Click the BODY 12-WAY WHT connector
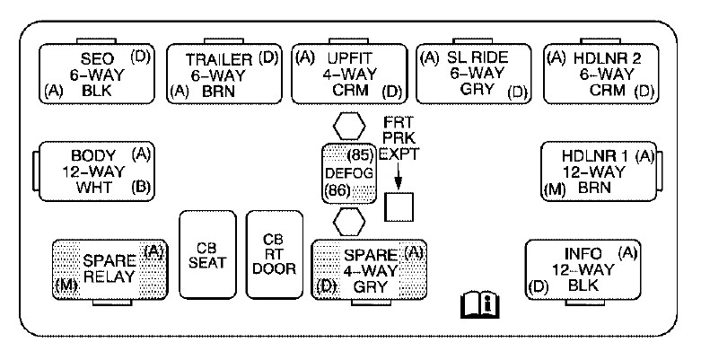tap(93, 171)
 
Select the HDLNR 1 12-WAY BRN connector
tap(597, 171)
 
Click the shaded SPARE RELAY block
tap(109, 268)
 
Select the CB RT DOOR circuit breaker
tap(274, 255)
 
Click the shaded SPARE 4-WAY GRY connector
tap(369, 268)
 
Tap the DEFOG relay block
tap(349, 171)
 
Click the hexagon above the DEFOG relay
tap(348, 124)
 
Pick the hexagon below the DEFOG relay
tap(348, 220)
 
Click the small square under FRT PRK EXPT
tap(398, 206)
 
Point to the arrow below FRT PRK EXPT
tap(398, 176)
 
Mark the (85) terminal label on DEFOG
tap(361, 154)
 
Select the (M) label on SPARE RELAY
tap(65, 286)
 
